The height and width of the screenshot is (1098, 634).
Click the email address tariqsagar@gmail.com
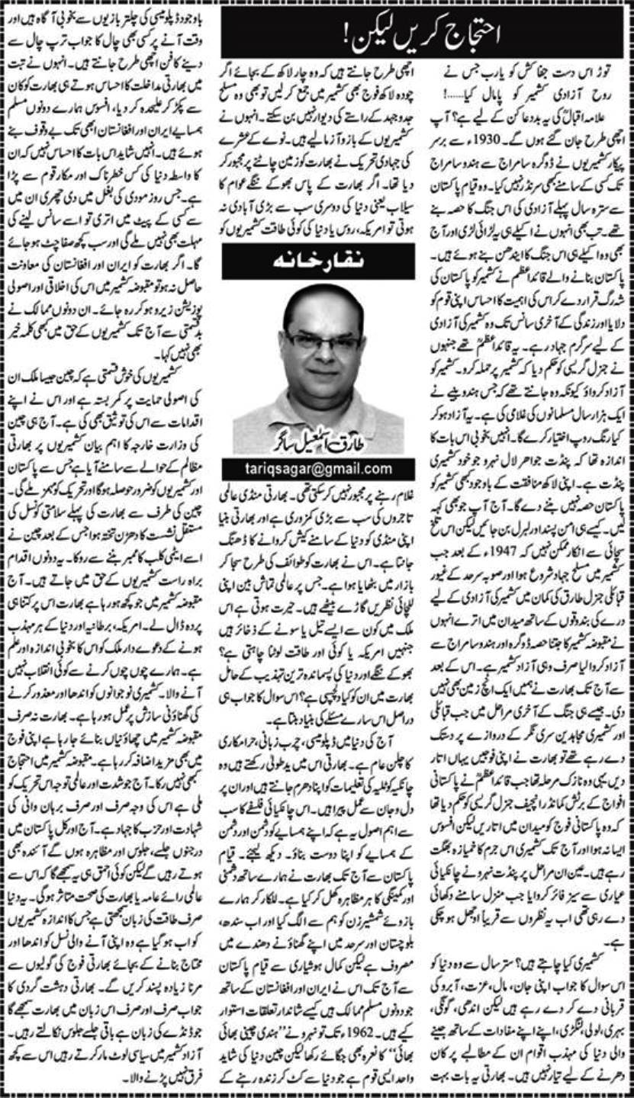coord(318,467)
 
